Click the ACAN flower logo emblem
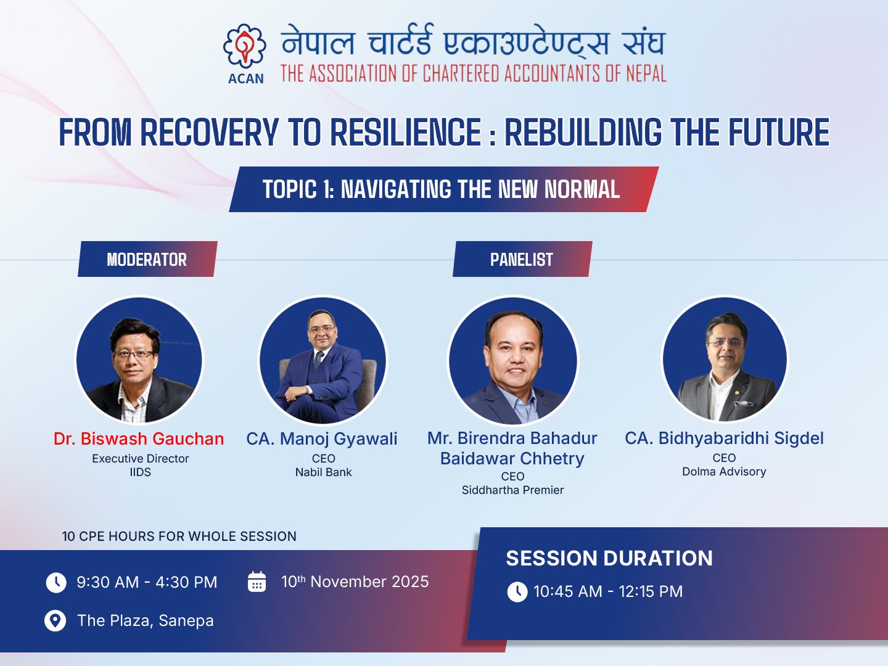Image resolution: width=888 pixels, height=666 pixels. (244, 45)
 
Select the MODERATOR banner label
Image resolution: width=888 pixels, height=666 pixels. (147, 259)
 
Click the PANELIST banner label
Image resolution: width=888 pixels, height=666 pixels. (522, 259)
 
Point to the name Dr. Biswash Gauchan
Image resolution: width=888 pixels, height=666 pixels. (139, 438)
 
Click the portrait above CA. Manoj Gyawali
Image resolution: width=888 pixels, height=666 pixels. (323, 360)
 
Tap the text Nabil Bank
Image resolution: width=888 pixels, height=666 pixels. (323, 472)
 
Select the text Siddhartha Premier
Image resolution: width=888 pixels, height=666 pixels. (512, 490)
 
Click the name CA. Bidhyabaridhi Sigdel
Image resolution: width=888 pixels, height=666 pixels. (724, 438)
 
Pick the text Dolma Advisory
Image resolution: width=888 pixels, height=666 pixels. (724, 472)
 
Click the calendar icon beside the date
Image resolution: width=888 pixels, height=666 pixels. (257, 582)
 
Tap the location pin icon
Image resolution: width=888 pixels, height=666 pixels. (55, 621)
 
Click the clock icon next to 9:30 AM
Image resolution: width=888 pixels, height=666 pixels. (56, 583)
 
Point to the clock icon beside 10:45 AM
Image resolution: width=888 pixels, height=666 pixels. (517, 592)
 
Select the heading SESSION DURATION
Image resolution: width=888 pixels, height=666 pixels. (609, 559)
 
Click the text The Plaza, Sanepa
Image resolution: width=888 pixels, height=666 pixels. (146, 620)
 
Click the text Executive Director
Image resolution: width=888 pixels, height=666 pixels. (140, 459)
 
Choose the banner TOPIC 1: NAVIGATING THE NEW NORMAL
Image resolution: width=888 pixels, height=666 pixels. (444, 189)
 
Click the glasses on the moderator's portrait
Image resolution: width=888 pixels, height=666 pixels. (134, 355)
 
